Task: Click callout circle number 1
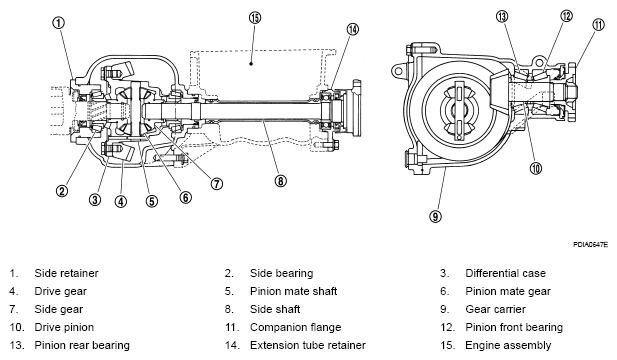pos(59,23)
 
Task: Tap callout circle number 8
pos(281,181)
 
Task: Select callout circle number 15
pos(255,18)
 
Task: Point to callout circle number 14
pos(353,29)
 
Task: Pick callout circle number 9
pos(435,216)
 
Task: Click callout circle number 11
pos(598,25)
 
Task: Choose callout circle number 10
pos(536,168)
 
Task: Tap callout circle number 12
pos(566,16)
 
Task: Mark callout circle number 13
pos(502,17)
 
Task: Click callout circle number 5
pos(152,201)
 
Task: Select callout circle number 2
pos(62,191)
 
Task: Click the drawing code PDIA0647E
pos(590,245)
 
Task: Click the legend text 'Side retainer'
pos(66,273)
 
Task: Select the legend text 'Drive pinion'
pos(64,327)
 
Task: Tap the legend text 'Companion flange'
pos(296,327)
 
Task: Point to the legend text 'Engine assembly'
pos(508,345)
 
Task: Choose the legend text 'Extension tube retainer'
pos(308,345)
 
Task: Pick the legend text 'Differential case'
pos(506,273)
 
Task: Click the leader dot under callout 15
pos(251,63)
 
